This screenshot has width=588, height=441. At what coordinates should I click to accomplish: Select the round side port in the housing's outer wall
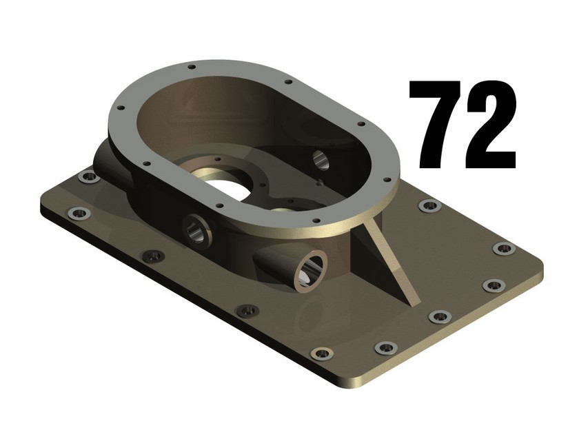tap(197, 230)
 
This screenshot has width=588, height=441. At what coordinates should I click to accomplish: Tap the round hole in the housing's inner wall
tap(321, 160)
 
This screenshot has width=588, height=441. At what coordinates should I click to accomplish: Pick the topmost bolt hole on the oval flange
tap(191, 67)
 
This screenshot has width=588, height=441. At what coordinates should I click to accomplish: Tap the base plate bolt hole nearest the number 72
tap(429, 205)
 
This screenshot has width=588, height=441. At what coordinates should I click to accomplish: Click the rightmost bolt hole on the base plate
tap(503, 248)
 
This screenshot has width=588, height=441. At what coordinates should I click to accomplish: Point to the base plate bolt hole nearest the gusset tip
tap(438, 317)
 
